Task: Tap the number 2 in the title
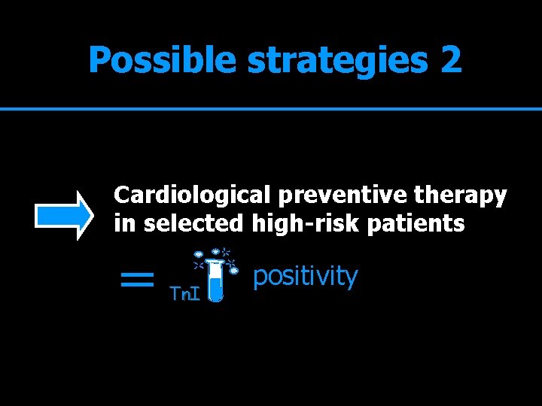tap(452, 59)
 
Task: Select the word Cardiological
tap(192, 195)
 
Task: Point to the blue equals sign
tap(137, 281)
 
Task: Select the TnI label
tap(184, 293)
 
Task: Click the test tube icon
tap(216, 278)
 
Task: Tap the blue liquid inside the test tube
tap(216, 288)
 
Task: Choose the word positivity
tap(305, 277)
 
